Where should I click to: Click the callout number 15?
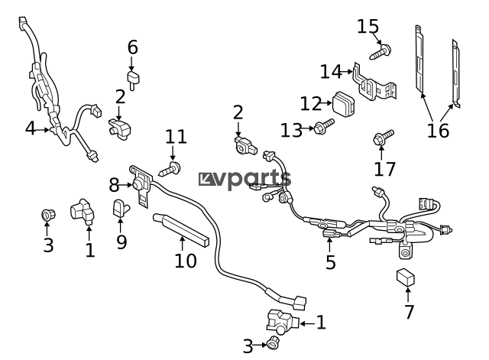368,26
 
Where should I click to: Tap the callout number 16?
438,131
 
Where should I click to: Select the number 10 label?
186,261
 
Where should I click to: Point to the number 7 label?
409,312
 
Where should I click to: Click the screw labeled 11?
170,169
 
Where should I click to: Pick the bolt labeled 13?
324,126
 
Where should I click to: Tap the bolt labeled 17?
384,138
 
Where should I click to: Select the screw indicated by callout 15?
381,52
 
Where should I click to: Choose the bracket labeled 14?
374,83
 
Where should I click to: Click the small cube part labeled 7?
406,277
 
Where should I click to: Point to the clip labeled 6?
133,79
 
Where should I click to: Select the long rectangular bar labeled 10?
181,229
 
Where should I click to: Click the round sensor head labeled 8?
138,184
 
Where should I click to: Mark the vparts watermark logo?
245,180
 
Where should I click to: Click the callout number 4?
31,128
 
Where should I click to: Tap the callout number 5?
331,262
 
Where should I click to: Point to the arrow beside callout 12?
326,103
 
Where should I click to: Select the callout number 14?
331,72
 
